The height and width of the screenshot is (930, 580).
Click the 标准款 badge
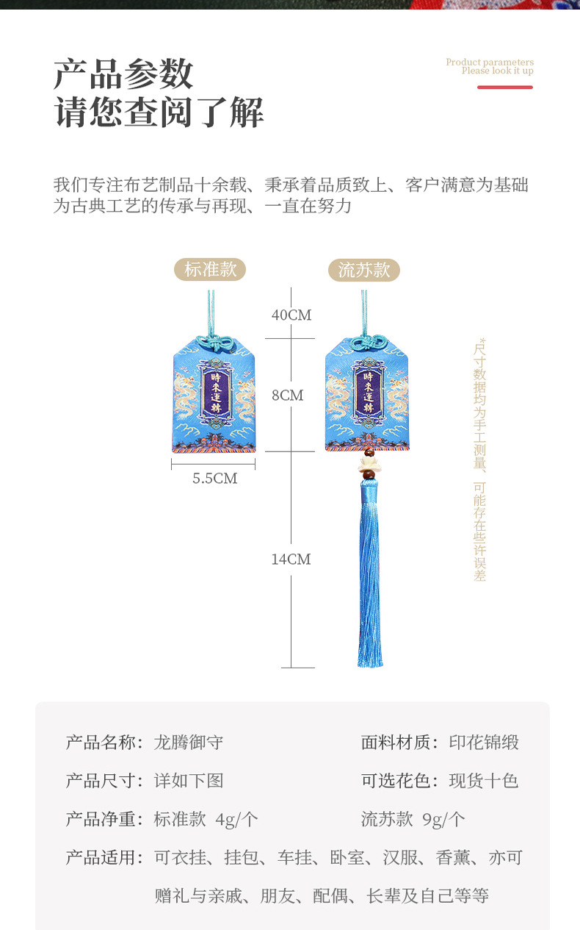click(x=210, y=270)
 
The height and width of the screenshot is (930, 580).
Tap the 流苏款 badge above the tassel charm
click(x=364, y=270)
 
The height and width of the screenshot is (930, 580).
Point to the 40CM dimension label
click(x=291, y=315)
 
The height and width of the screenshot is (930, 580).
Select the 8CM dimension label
click(x=287, y=396)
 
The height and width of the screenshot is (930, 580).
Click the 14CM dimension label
click(x=291, y=559)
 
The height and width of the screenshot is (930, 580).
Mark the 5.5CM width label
click(x=214, y=479)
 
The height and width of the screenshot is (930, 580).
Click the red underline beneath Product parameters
click(x=505, y=87)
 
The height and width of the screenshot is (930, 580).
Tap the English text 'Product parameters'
click(x=490, y=62)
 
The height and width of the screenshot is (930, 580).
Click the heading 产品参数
click(x=123, y=75)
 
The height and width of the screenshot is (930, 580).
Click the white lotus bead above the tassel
click(x=369, y=465)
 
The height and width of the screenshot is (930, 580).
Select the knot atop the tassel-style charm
click(x=367, y=343)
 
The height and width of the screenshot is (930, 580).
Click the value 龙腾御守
click(x=189, y=743)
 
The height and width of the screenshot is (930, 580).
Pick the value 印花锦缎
click(x=484, y=743)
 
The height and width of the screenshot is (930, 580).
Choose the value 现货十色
click(x=484, y=781)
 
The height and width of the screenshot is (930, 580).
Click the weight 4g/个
click(x=237, y=819)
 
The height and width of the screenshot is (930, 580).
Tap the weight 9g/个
click(x=444, y=819)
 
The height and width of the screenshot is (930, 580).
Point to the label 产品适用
click(x=101, y=857)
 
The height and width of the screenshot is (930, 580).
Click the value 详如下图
click(x=189, y=781)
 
